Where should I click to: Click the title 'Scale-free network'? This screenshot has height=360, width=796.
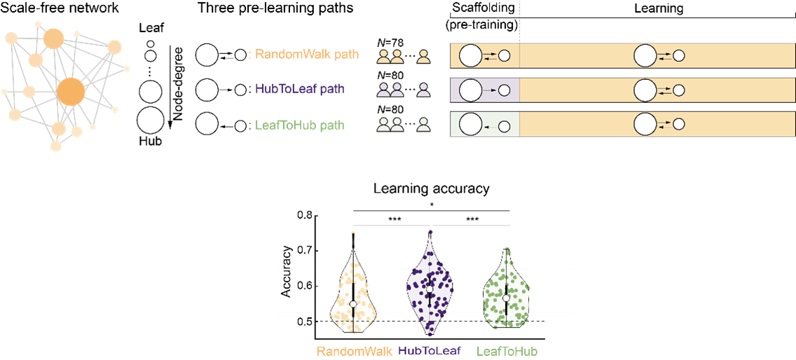(60, 8)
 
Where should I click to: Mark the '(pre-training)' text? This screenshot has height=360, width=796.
(483, 25)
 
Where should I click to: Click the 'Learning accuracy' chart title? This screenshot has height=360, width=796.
(431, 189)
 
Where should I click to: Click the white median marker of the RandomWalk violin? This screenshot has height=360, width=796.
(353, 304)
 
